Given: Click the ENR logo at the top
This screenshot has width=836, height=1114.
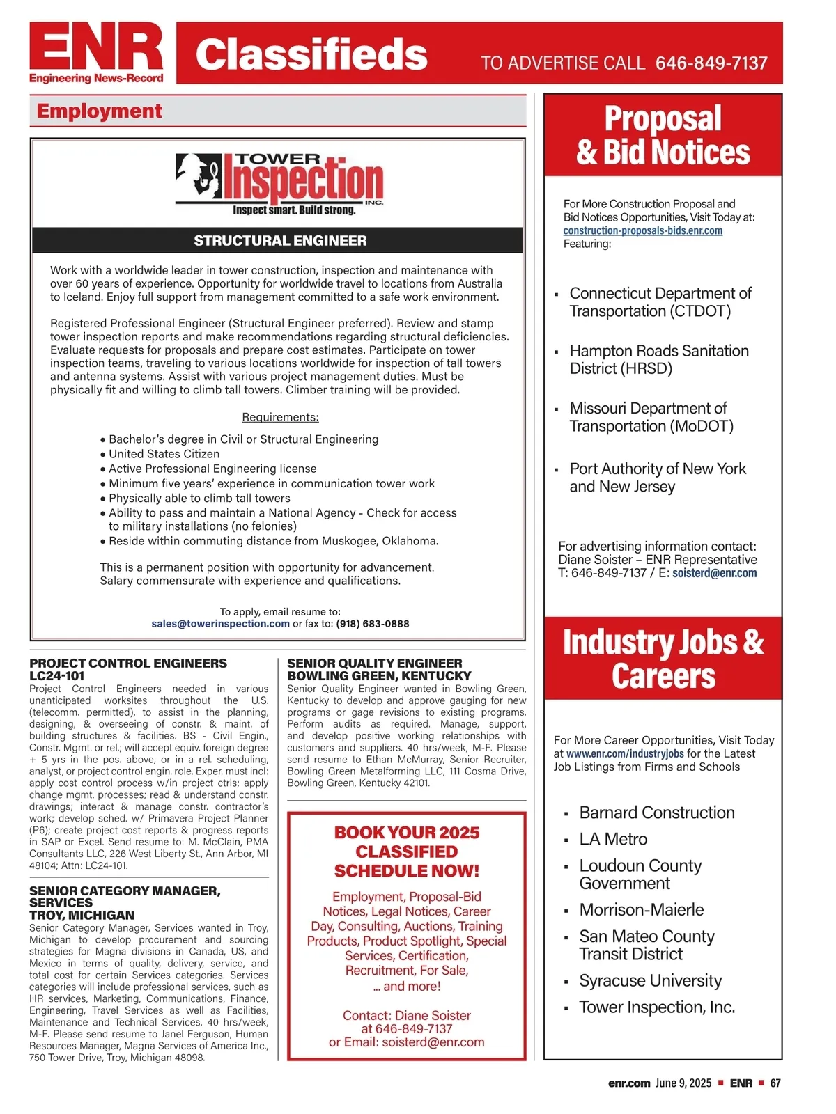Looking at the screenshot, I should [x=96, y=52].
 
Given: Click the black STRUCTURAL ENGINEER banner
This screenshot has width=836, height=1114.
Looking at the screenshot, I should [x=279, y=240].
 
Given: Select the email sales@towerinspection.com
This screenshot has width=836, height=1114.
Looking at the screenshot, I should [x=220, y=624].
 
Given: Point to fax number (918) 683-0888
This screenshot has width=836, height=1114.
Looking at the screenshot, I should [x=373, y=624].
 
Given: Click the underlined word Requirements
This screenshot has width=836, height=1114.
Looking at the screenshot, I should [x=280, y=417].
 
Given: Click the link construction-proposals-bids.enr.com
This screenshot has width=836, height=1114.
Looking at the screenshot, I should [x=642, y=230].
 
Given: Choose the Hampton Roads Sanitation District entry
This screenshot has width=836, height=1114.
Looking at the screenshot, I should [x=658, y=359].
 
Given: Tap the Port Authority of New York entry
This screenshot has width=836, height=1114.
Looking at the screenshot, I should [x=657, y=478].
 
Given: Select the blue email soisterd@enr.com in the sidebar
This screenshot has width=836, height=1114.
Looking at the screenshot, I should [x=714, y=573].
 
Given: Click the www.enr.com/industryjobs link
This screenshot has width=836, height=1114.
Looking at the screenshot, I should [x=625, y=753].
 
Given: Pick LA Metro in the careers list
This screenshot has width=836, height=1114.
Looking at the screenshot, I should [x=613, y=839].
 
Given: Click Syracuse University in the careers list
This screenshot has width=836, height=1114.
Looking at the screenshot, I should [x=650, y=980].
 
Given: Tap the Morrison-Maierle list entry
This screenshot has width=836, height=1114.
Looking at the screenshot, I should [x=641, y=909].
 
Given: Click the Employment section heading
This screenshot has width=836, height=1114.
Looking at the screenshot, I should [x=100, y=111].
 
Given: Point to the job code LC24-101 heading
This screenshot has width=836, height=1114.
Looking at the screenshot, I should [x=57, y=675].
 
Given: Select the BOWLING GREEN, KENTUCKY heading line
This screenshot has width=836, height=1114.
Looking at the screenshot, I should [x=379, y=675].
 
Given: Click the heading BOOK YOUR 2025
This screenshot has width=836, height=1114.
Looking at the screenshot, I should [x=407, y=833].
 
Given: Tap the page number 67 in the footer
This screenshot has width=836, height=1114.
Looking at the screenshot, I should [x=775, y=1083].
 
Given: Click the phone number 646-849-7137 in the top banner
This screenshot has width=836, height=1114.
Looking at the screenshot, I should [x=711, y=63].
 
